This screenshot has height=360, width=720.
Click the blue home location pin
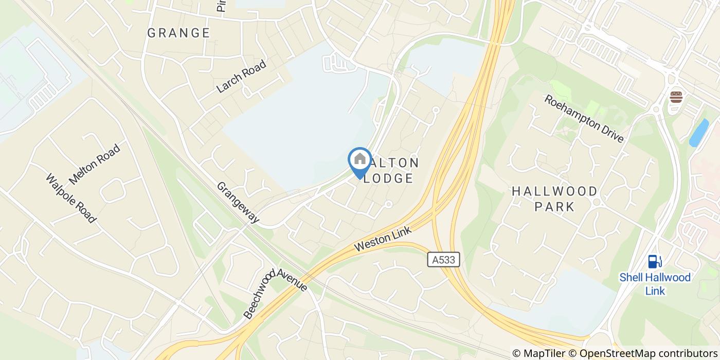click(x=359, y=160)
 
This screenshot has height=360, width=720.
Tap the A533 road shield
click(x=443, y=260)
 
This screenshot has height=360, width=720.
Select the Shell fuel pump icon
click(x=654, y=262)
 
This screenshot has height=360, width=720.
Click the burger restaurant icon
click(x=676, y=97)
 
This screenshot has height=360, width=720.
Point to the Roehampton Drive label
click(x=584, y=119)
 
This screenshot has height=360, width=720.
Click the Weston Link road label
click(x=383, y=240)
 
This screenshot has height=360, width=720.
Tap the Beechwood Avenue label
click(x=275, y=293)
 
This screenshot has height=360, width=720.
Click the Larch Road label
click(x=242, y=77)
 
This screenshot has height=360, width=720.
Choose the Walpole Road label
click(x=71, y=199)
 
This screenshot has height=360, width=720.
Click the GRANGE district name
click(x=178, y=33)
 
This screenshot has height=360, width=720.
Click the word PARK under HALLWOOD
click(x=554, y=207)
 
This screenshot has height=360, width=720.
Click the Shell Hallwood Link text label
click(x=655, y=284)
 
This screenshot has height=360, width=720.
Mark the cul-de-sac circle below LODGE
click(x=388, y=204)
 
